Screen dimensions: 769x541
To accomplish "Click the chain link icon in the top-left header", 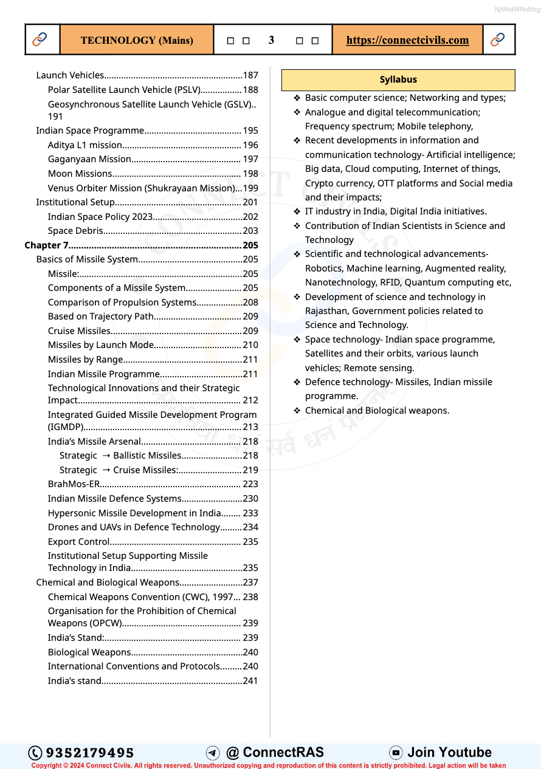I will pyautogui.click(x=40, y=40).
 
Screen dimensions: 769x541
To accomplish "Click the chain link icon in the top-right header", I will pyautogui.click(x=497, y=40).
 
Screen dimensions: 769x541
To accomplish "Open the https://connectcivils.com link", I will pyautogui.click(x=407, y=40).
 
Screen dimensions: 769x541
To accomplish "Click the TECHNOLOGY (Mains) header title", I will pyautogui.click(x=137, y=40).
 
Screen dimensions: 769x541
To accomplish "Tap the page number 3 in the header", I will pyautogui.click(x=271, y=40).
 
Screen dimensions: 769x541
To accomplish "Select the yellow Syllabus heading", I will pyautogui.click(x=398, y=80).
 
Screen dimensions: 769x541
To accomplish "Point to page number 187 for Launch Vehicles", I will pyautogui.click(x=250, y=75).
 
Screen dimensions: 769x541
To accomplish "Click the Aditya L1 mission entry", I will pyautogui.click(x=85, y=145).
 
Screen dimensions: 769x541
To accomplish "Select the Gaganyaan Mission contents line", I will pyautogui.click(x=89, y=159).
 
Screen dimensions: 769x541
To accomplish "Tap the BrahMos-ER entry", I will pyautogui.click(x=74, y=484).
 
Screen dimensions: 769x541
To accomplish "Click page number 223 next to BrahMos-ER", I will pyautogui.click(x=250, y=484).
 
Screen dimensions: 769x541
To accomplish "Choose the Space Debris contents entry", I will pyautogui.click(x=75, y=231).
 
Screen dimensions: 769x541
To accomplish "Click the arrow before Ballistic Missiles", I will pyautogui.click(x=106, y=456).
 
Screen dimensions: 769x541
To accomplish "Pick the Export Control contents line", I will pyautogui.click(x=79, y=542).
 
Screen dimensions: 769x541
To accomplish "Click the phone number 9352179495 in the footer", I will pyautogui.click(x=90, y=753).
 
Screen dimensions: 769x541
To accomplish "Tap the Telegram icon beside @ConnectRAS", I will pyautogui.click(x=213, y=753).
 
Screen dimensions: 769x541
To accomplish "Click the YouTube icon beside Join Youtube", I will pyautogui.click(x=396, y=753).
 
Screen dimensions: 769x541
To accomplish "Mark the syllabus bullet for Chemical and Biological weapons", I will pyautogui.click(x=297, y=411).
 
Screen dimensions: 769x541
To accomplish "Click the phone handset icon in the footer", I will pyautogui.click(x=35, y=753).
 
